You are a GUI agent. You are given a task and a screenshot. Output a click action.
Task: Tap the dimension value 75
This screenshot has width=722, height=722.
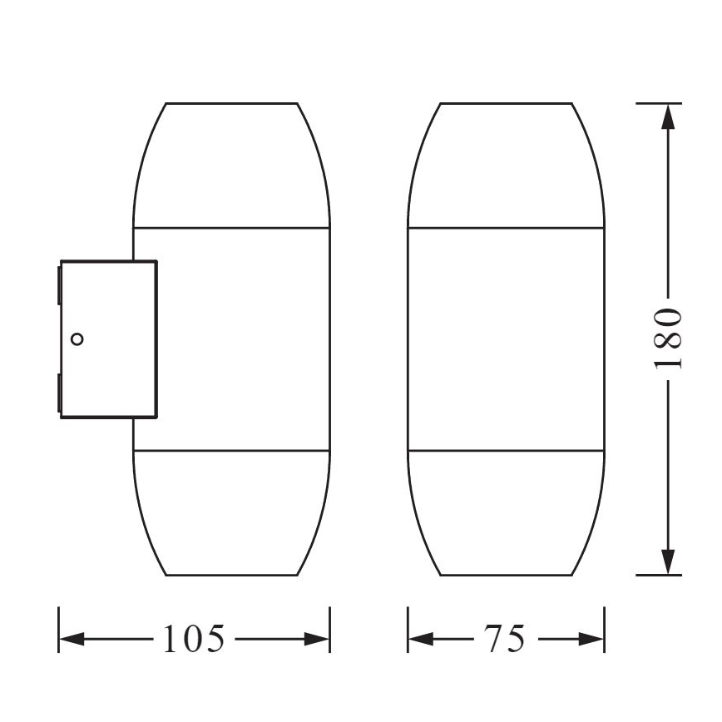505,639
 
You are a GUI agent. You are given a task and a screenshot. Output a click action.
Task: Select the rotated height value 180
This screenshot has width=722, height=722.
667,339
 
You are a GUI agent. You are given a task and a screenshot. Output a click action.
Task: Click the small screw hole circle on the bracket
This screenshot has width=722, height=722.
78,339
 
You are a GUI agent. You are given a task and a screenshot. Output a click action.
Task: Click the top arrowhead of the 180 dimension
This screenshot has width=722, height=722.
667,116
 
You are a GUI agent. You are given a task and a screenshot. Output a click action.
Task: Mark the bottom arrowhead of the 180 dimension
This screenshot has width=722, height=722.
667,561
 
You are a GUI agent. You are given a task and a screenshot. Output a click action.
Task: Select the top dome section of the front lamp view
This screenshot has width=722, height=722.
505,166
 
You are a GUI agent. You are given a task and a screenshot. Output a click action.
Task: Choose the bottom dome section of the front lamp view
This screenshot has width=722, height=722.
505,512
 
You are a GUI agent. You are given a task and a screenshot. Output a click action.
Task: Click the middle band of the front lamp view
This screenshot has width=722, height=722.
505,339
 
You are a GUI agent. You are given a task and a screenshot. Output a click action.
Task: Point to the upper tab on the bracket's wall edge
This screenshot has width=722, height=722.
58,283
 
